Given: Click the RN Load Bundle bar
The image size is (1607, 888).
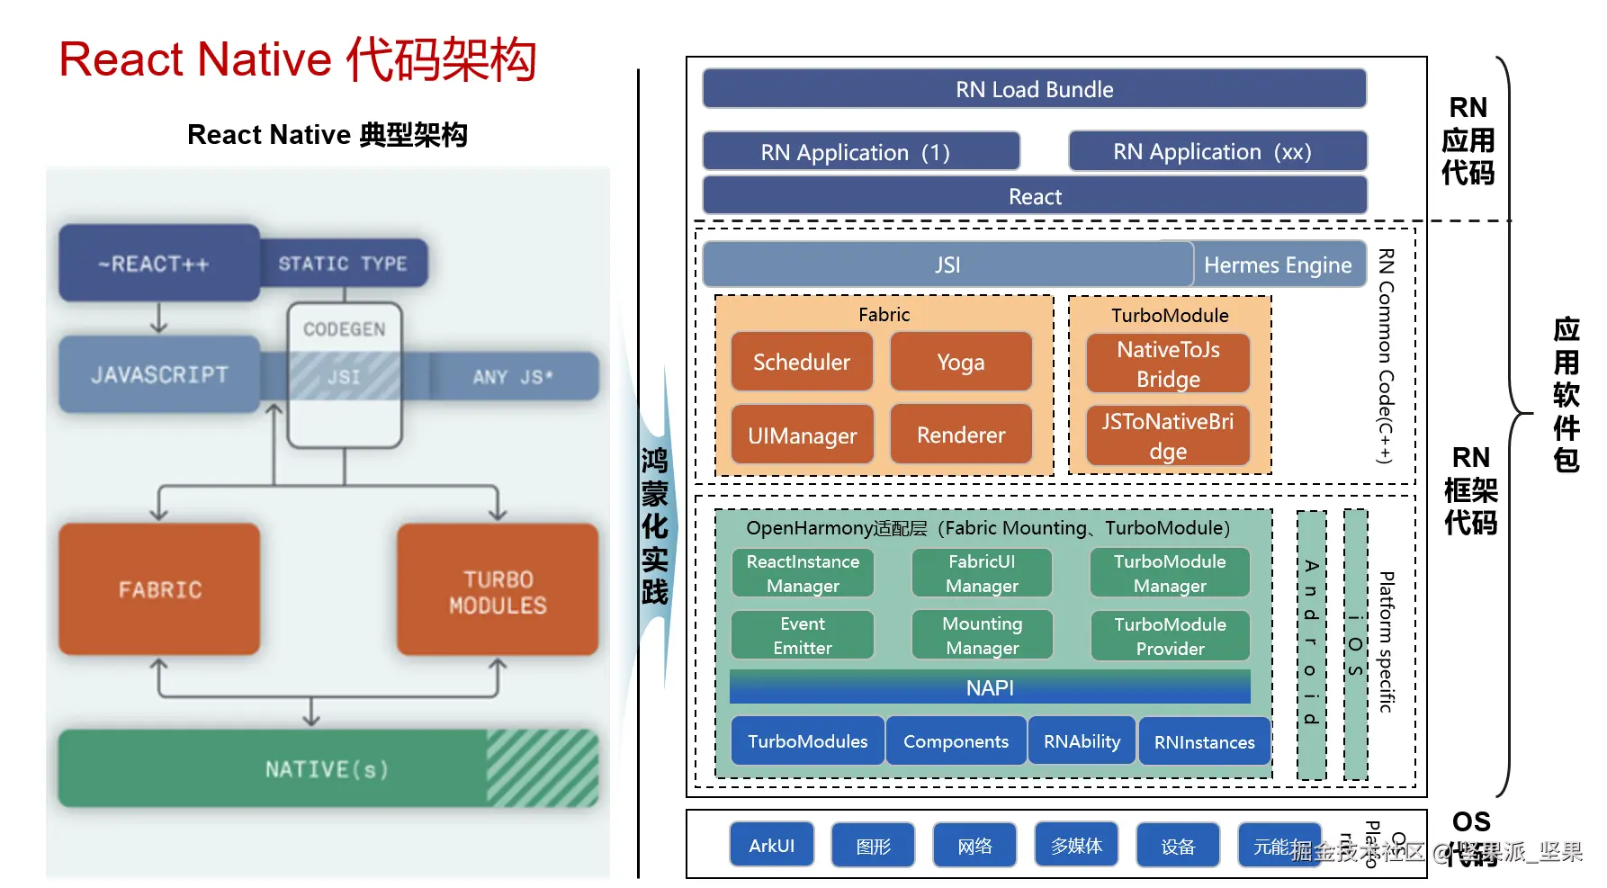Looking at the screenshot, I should coord(1034,89).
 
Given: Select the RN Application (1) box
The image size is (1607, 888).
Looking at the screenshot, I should coord(860,152).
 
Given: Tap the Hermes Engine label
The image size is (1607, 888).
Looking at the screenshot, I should coord(1278,265).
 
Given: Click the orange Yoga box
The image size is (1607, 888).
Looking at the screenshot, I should coord(960,362).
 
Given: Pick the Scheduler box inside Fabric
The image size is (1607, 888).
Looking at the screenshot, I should coord(801,362).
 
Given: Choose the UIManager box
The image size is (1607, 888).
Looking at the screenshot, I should coord(802,435).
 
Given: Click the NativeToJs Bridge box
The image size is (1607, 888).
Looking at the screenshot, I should coord(1168,363).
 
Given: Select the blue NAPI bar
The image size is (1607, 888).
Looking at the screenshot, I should coord(989,687).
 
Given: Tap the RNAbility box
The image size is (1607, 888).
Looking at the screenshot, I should coord(1082,741).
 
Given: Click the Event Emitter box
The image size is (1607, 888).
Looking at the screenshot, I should coord(802,635).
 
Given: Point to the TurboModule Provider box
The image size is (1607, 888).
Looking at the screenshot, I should coord(1170,636).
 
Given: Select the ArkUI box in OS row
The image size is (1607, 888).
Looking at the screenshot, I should coord(771,846).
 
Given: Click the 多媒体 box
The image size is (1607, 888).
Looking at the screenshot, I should coord(1076,846).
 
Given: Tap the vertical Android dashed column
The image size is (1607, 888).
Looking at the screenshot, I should coord(1311,643).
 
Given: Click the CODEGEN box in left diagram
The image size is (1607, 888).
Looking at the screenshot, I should coord(344,329).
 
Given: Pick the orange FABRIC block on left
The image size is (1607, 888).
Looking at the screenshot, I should coord(159,589).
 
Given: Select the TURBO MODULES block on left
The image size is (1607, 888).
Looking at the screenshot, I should coord(498,591).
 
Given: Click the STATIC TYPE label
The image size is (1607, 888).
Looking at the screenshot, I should coord(343,264).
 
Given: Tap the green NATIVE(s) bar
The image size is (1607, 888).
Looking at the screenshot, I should coord(327,769).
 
